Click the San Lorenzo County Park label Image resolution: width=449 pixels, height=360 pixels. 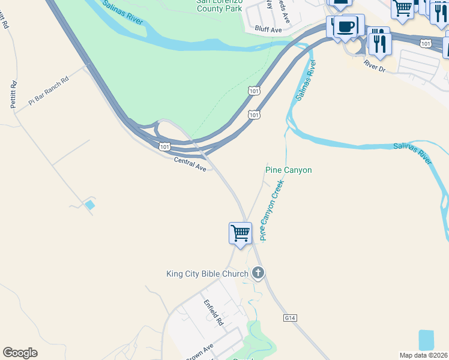219,6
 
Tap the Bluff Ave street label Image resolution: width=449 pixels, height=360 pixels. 268,29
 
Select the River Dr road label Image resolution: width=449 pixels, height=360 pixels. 375,67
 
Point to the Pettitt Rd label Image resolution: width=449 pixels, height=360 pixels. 13,95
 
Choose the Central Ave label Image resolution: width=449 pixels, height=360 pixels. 190,164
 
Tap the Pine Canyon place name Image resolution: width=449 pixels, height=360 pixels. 289,170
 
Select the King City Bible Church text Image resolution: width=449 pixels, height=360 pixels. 207,274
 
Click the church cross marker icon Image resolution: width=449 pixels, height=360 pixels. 258,274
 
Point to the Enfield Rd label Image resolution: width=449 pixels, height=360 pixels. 212,313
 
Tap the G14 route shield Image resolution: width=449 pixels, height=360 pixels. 291,317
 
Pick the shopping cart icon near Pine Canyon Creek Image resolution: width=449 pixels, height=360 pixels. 240,233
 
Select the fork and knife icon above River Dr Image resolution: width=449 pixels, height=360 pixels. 379,43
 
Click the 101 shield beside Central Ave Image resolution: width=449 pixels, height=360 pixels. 165,147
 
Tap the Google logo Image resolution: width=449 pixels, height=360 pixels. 20,353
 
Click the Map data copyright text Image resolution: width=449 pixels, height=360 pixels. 423,355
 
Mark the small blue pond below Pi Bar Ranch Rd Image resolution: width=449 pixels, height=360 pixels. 89,205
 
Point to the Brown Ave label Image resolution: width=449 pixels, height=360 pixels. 200,353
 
